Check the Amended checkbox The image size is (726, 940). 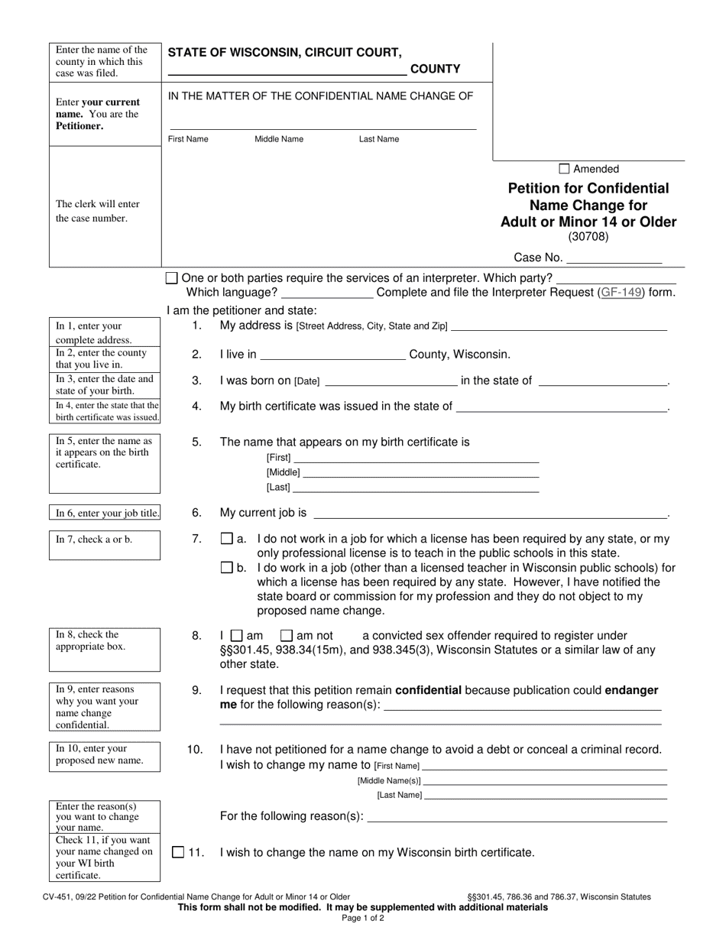pos(565,169)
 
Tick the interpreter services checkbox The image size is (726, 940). pos(172,278)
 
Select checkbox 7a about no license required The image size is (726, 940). pos(226,539)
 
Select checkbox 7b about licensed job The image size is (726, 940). pos(226,568)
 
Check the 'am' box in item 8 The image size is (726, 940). pos(236,635)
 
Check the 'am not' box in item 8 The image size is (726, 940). pos(287,635)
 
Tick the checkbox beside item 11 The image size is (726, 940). pos(178,852)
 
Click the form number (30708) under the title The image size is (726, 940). pos(588,237)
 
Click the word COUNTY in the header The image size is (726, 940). pos(436,69)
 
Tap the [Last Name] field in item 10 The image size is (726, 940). pos(544,795)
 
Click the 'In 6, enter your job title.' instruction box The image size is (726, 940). pos(105,513)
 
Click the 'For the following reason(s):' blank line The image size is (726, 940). pos(517,816)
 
